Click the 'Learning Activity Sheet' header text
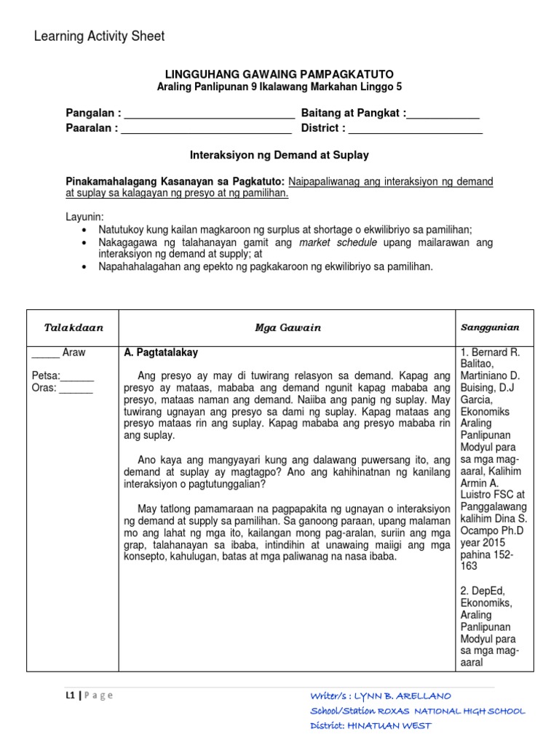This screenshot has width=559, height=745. click(x=100, y=36)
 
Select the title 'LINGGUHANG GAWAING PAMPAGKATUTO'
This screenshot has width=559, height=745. click(x=279, y=75)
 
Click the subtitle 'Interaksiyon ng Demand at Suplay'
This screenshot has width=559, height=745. click(x=279, y=155)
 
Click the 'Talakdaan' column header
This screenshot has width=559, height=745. click(x=74, y=328)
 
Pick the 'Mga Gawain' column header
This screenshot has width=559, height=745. click(x=288, y=328)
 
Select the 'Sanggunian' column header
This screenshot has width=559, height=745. click(x=489, y=328)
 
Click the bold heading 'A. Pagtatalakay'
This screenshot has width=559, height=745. click(x=161, y=353)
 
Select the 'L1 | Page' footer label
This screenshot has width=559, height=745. click(x=89, y=695)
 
